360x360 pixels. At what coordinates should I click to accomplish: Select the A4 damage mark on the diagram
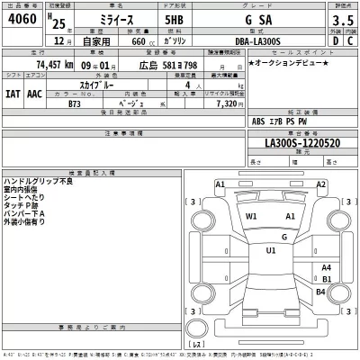(326, 267)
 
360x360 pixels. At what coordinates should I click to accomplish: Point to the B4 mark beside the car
(321, 292)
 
